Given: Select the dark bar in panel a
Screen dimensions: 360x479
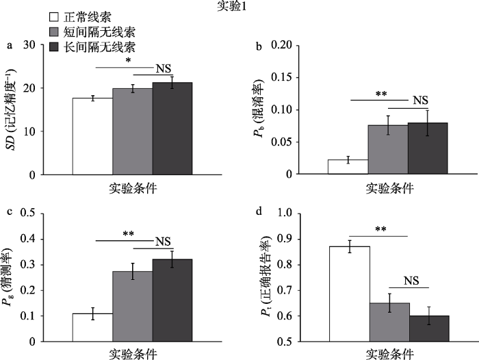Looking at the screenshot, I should [172, 129].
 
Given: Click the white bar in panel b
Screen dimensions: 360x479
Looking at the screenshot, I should [348, 167].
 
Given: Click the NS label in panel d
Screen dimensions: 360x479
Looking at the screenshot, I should [410, 280].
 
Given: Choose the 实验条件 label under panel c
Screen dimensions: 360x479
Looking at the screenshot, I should [133, 355].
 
